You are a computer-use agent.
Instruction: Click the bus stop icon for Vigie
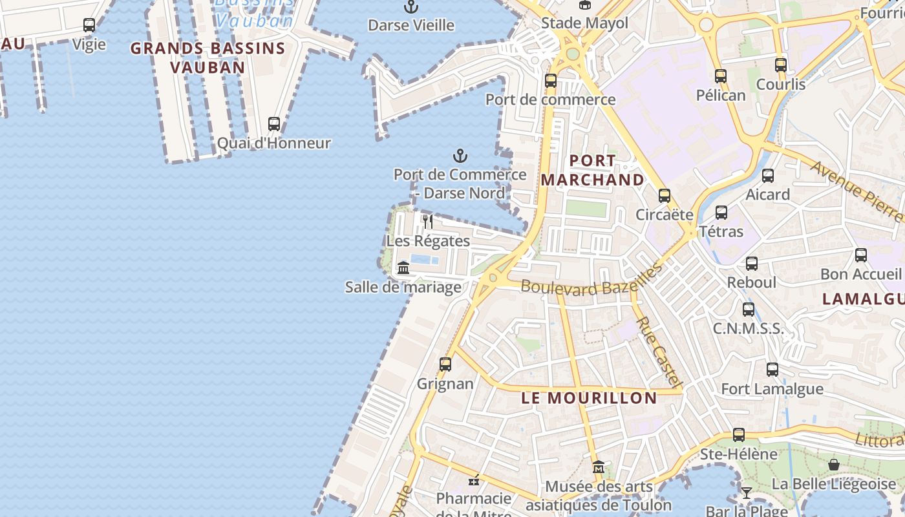pyautogui.click(x=89, y=25)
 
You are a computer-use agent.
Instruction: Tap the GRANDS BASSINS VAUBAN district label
pyautogui.click(x=208, y=58)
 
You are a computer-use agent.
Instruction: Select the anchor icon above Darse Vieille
pyautogui.click(x=411, y=7)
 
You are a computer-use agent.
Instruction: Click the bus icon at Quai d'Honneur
pyautogui.click(x=274, y=123)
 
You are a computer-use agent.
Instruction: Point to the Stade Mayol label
pyautogui.click(x=584, y=23)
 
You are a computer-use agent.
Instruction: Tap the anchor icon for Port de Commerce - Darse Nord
pyautogui.click(x=460, y=156)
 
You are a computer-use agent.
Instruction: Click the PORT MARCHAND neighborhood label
pyautogui.click(x=592, y=170)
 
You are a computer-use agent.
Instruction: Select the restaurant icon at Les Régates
pyautogui.click(x=427, y=222)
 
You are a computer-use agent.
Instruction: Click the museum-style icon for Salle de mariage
pyautogui.click(x=403, y=268)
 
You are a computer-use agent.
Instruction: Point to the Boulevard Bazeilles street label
pyautogui.click(x=591, y=279)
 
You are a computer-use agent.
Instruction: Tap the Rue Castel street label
pyautogui.click(x=659, y=352)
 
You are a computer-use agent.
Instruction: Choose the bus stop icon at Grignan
pyautogui.click(x=445, y=364)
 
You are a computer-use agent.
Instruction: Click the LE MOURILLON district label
pyautogui.click(x=589, y=398)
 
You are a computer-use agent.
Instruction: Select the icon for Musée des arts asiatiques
pyautogui.click(x=599, y=467)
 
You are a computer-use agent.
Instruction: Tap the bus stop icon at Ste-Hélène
pyautogui.click(x=739, y=435)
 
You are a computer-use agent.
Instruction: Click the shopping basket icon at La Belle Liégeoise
pyautogui.click(x=834, y=465)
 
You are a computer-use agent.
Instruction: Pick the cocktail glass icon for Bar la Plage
pyautogui.click(x=747, y=493)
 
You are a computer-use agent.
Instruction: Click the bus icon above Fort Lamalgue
pyautogui.click(x=772, y=370)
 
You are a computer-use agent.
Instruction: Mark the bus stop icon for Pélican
pyautogui.click(x=721, y=76)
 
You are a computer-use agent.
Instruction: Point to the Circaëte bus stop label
pyautogui.click(x=665, y=215)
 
